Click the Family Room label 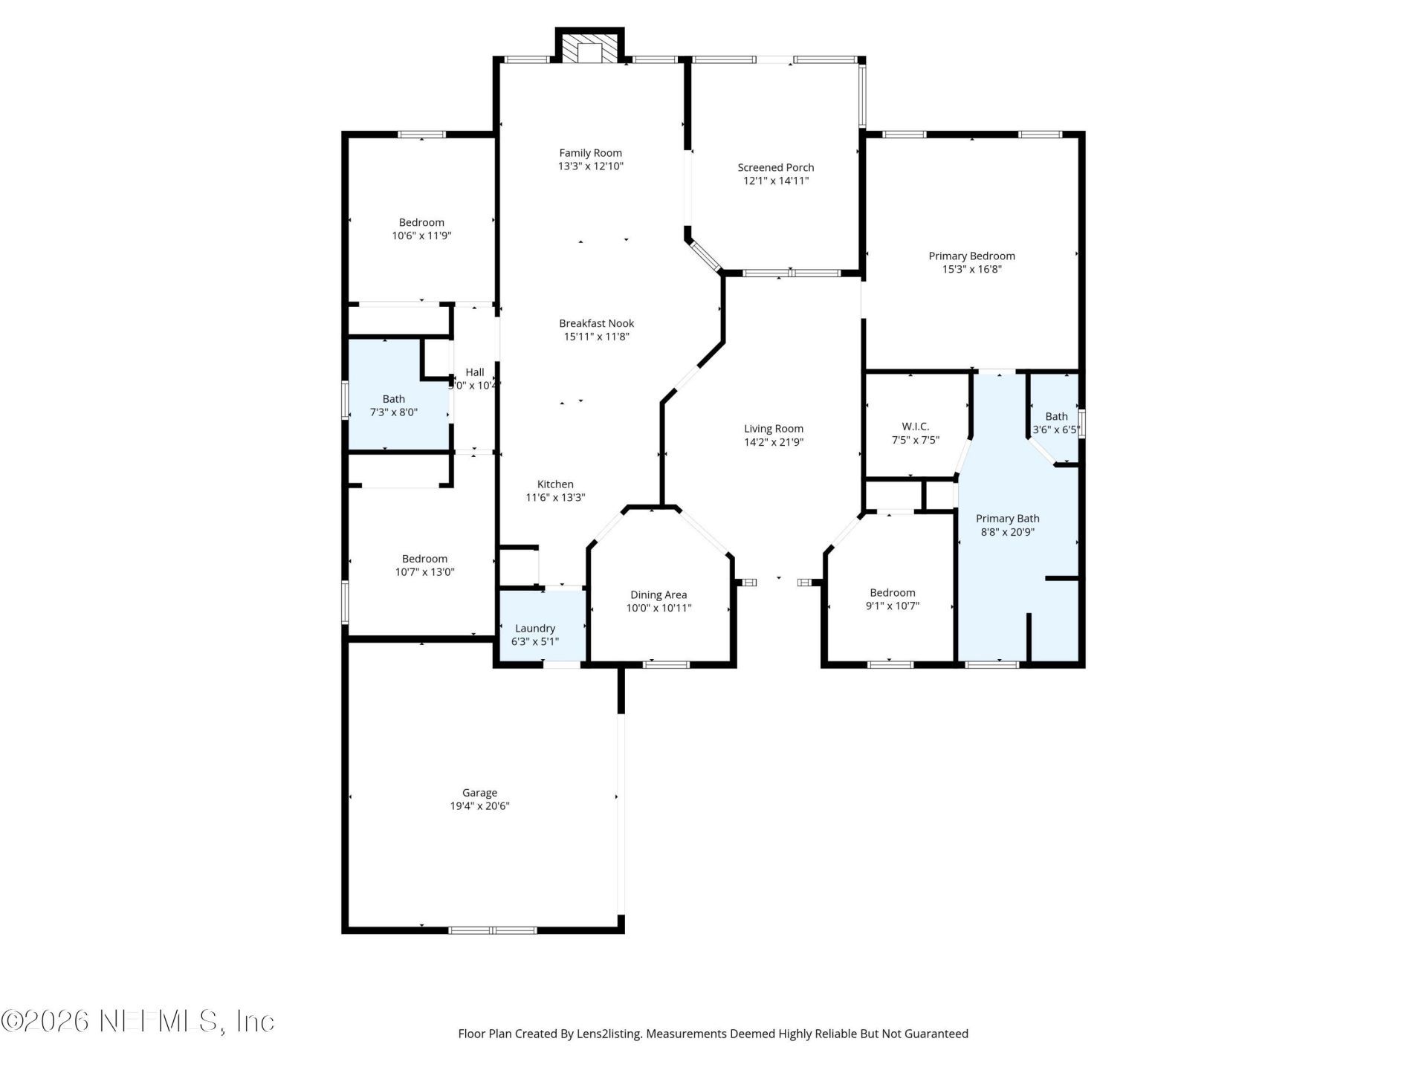click(x=590, y=153)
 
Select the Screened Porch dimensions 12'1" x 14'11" click(x=775, y=181)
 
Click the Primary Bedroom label click(x=971, y=256)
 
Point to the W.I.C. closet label click(x=915, y=427)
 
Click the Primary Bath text click(x=1007, y=519)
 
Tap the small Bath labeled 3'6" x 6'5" click(x=1055, y=423)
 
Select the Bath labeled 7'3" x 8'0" click(x=393, y=406)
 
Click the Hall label click(x=474, y=372)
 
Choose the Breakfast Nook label click(x=596, y=323)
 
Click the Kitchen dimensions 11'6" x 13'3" click(x=555, y=498)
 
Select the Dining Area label click(x=658, y=594)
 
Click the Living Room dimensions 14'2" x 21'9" click(x=774, y=442)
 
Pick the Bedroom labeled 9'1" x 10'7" click(x=892, y=599)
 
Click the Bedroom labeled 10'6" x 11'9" click(x=421, y=229)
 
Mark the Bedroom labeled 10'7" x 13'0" click(x=424, y=565)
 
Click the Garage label click(x=479, y=793)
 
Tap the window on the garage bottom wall click(x=492, y=930)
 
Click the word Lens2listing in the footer click(x=608, y=1034)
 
